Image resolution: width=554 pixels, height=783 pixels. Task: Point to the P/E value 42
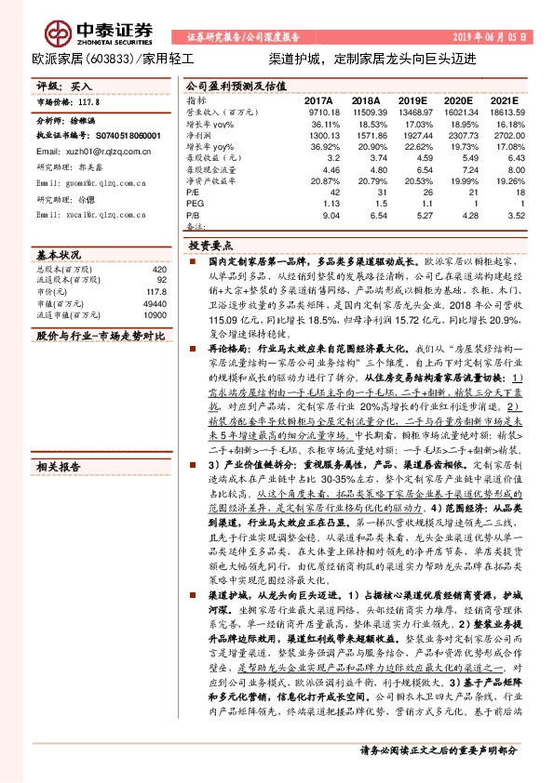(x=328, y=192)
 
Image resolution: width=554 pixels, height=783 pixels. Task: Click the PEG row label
(x=194, y=203)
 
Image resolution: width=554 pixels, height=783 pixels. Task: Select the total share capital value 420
(x=158, y=269)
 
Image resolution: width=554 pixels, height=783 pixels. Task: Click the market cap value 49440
(x=153, y=304)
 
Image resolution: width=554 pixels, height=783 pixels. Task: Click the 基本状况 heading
(x=59, y=254)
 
